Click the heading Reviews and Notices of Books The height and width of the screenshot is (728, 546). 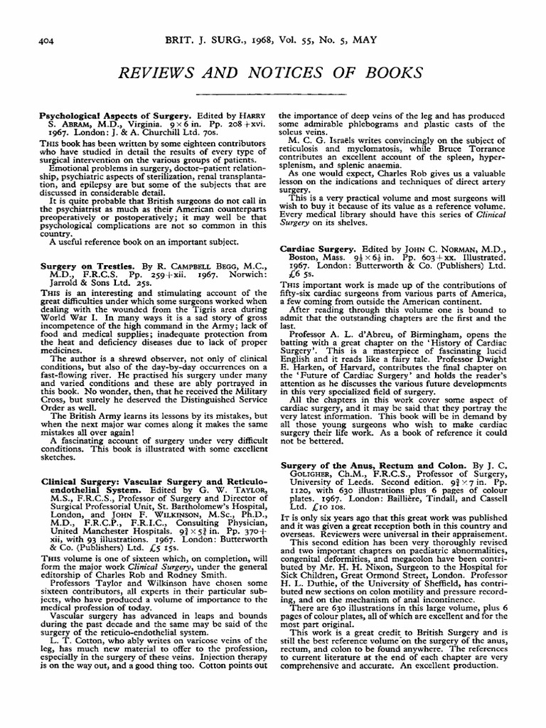273,72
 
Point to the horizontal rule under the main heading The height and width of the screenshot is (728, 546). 273,93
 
